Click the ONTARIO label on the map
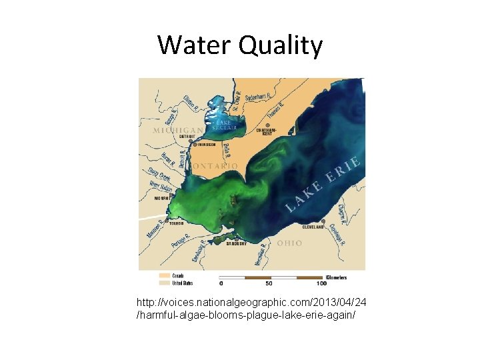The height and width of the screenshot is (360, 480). tap(215, 165)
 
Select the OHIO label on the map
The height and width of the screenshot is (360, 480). tap(289, 243)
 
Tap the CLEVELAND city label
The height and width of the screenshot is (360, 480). tap(313, 227)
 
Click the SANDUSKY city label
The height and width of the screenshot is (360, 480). tap(236, 243)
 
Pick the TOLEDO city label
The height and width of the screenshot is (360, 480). tap(176, 223)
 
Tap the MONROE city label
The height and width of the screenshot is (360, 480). tap(162, 198)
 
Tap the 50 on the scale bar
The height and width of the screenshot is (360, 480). tap(269, 283)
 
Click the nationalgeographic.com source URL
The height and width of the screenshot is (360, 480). tap(251, 308)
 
